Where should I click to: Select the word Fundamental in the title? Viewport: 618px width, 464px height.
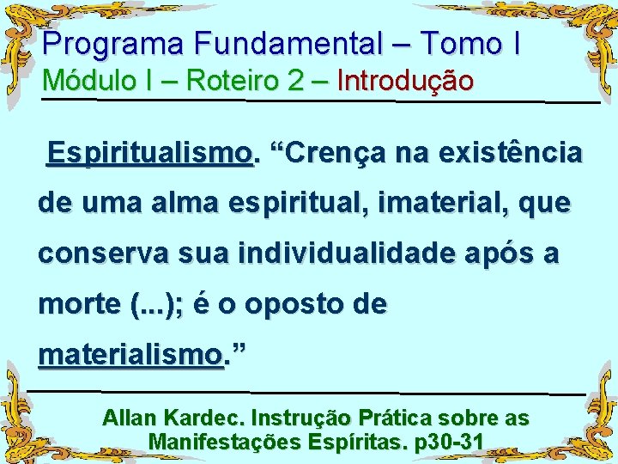pyautogui.click(x=287, y=43)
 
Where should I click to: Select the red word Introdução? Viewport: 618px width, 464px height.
pyautogui.click(x=405, y=81)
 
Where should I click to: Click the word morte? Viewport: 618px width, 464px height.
pyautogui.click(x=73, y=304)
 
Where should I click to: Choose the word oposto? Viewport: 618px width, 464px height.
pyautogui.click(x=296, y=304)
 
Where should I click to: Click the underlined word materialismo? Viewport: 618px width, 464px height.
pyautogui.click(x=130, y=354)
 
